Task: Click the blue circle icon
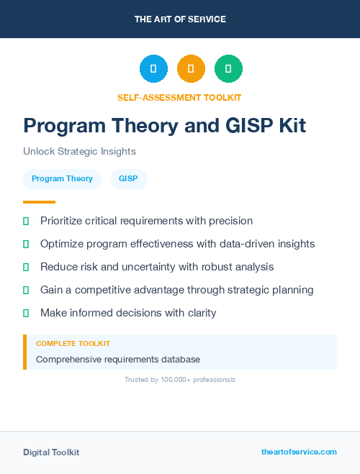click(x=153, y=69)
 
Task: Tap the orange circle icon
click(x=191, y=69)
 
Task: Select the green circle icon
click(x=228, y=69)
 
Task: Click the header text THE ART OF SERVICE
click(x=180, y=19)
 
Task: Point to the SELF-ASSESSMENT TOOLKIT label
click(x=179, y=97)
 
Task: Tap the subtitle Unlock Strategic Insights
click(x=79, y=151)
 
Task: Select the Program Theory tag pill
click(x=62, y=178)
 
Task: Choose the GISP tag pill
click(x=128, y=178)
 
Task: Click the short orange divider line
click(x=39, y=202)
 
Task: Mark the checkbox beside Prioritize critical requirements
click(x=26, y=221)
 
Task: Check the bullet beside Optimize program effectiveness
click(x=26, y=244)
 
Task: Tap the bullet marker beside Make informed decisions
click(x=26, y=313)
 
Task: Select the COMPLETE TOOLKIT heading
click(x=73, y=344)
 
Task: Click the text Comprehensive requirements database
click(x=118, y=359)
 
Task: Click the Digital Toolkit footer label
click(x=51, y=452)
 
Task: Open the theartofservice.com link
click(x=299, y=452)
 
